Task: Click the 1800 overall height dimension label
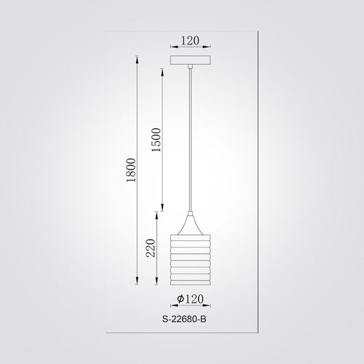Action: [131, 170]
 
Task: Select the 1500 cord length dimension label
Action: [157, 140]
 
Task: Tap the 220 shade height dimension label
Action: [151, 248]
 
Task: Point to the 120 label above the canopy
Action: [190, 41]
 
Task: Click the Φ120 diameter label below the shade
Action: [190, 299]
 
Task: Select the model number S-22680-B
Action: [184, 319]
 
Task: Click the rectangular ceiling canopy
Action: [190, 60]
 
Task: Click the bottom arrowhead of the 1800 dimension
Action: [137, 280]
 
